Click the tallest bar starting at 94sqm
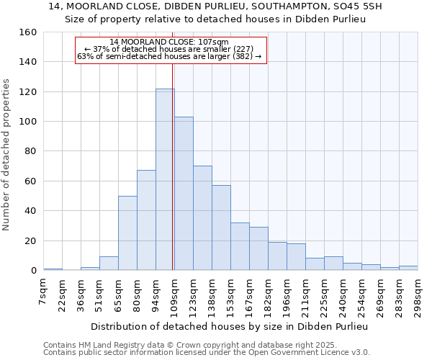pos(165,179)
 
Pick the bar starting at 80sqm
pos(146,220)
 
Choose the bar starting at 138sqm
pos(221,228)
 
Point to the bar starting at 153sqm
pos(240,246)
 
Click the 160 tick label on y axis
pos(29,32)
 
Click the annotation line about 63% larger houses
pos(169,56)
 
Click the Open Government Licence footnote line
pos(206,353)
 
